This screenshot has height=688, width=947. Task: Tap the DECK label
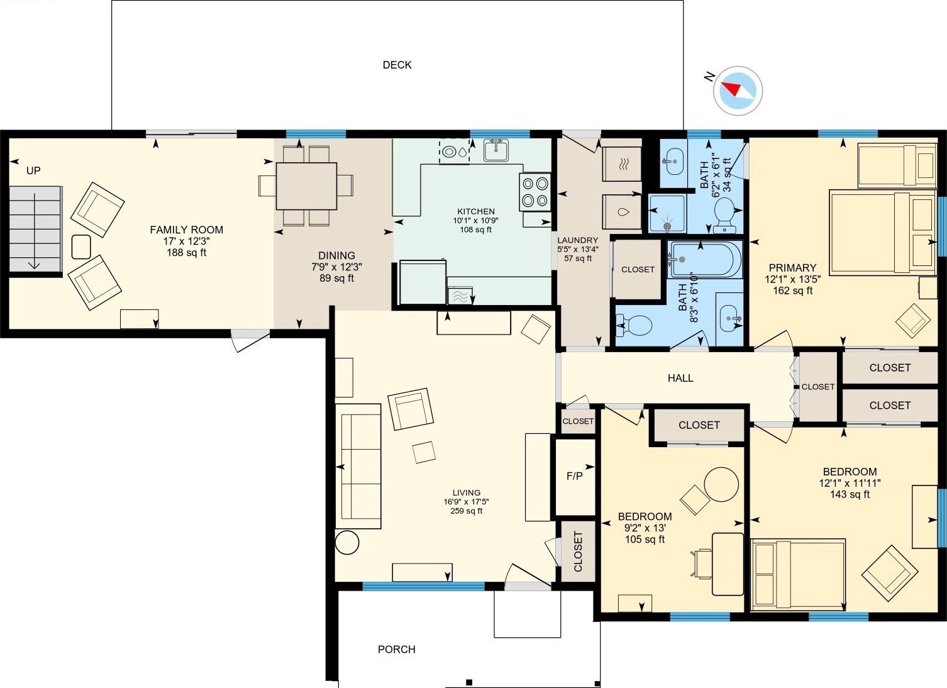pyautogui.click(x=397, y=65)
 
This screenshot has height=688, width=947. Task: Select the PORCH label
pyautogui.click(x=397, y=649)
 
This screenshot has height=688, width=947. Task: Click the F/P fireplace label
pyautogui.click(x=575, y=476)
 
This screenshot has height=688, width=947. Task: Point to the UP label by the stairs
pyautogui.click(x=33, y=170)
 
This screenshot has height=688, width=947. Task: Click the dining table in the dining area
pyautogui.click(x=306, y=186)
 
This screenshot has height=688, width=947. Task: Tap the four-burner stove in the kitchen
pyautogui.click(x=535, y=192)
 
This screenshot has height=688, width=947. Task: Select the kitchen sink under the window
pyautogui.click(x=496, y=150)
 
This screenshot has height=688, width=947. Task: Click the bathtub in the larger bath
pyautogui.click(x=705, y=259)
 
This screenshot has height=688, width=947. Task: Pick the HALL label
pyautogui.click(x=680, y=378)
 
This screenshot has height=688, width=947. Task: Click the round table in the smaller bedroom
pyautogui.click(x=721, y=484)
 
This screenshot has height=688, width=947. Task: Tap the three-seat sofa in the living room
pyautogui.click(x=358, y=466)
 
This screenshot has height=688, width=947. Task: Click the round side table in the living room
pyautogui.click(x=347, y=542)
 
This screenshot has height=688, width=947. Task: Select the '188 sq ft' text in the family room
pyautogui.click(x=186, y=252)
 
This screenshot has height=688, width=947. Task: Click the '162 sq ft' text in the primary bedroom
pyautogui.click(x=793, y=291)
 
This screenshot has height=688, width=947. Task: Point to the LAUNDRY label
pyautogui.click(x=577, y=240)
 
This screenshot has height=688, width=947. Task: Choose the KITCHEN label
pyautogui.click(x=475, y=211)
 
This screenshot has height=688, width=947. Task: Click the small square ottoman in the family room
pyautogui.click(x=81, y=247)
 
